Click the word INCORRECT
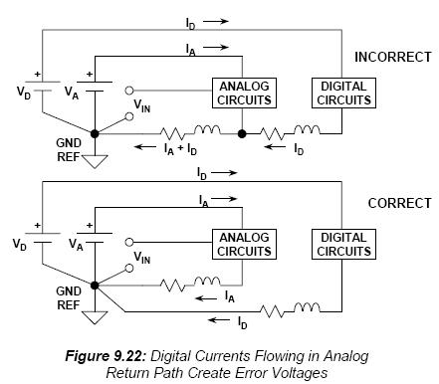[x=393, y=57]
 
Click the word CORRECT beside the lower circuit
[x=399, y=203]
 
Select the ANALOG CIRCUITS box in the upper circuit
[x=244, y=93]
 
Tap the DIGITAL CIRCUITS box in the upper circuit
[x=343, y=93]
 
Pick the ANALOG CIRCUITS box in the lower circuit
[x=244, y=244]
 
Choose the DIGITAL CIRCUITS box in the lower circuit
[x=343, y=244]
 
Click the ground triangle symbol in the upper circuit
[x=95, y=161]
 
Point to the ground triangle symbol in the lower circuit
[x=95, y=317]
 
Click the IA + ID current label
[x=180, y=149]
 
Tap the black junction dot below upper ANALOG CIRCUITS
[x=242, y=134]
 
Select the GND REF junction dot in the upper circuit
[x=95, y=134]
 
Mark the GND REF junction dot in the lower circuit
[x=95, y=286]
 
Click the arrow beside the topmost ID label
[x=216, y=22]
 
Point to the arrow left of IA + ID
[x=145, y=146]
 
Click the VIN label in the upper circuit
[x=142, y=105]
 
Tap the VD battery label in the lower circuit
[x=19, y=245]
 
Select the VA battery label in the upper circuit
[x=72, y=92]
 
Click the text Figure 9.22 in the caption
[x=106, y=356]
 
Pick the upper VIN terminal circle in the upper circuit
[x=129, y=91]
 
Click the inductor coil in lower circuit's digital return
[x=307, y=307]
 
